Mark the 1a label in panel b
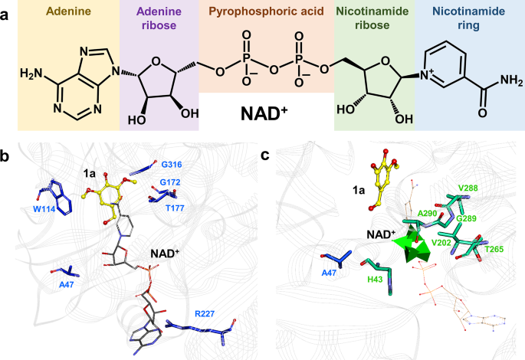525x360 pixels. tap(90, 174)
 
